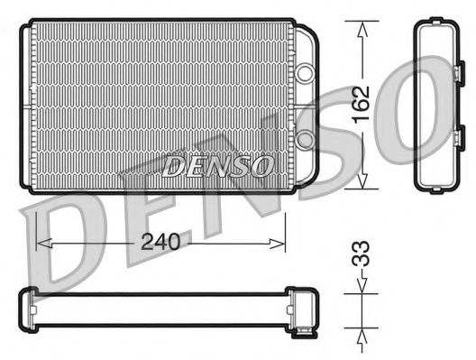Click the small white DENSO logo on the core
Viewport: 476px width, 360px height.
pyautogui.click(x=217, y=165)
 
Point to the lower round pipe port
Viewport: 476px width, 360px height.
pyautogui.click(x=307, y=138)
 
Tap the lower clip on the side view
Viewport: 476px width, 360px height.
pyautogui.click(x=458, y=137)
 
